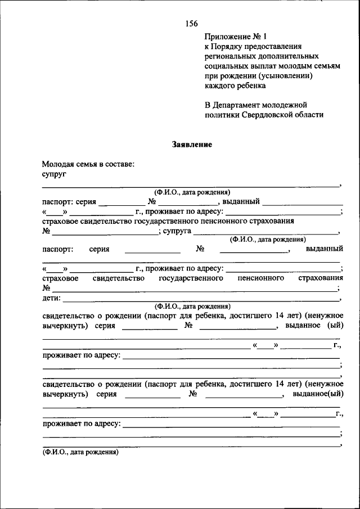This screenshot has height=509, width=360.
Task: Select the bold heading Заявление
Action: pos(191,145)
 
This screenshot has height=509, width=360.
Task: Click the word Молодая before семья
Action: pos(58,165)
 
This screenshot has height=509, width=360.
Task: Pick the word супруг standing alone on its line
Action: pos(55,175)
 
